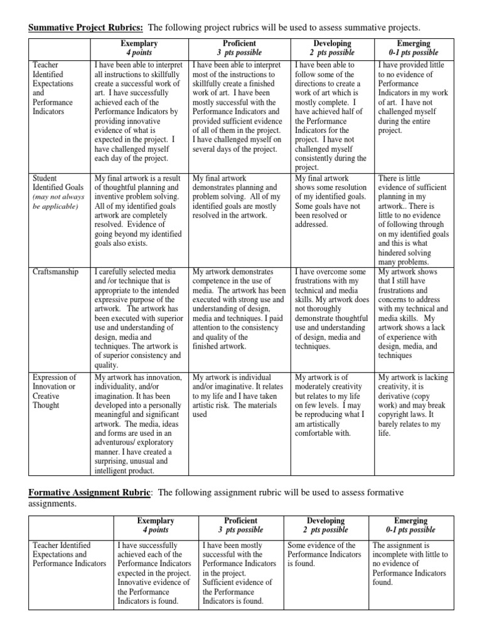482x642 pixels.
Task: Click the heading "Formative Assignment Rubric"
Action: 89,492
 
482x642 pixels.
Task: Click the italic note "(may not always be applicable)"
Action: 58,201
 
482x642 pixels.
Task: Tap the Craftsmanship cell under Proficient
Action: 239,309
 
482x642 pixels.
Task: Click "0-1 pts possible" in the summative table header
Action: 411,53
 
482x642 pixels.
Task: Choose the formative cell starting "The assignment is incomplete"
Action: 410,564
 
